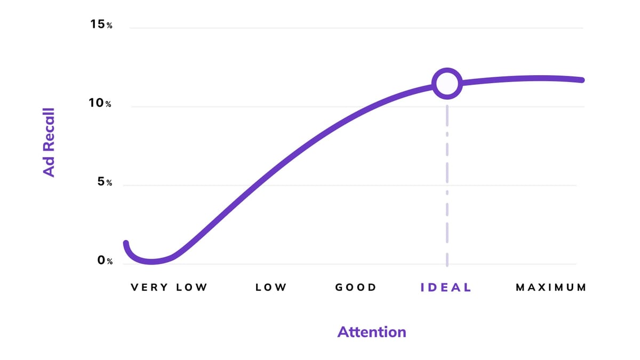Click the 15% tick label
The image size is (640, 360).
click(100, 25)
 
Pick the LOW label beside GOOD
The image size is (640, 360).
click(271, 287)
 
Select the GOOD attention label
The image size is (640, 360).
click(356, 287)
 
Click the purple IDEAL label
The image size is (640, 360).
click(446, 287)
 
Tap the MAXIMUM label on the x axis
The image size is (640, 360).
click(551, 287)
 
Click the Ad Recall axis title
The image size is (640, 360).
click(49, 142)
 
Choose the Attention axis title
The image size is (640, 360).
click(372, 332)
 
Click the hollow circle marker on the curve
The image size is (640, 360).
click(447, 83)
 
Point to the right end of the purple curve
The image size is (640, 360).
click(582, 80)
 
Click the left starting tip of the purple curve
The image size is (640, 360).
click(126, 243)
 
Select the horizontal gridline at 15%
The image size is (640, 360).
click(352, 28)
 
